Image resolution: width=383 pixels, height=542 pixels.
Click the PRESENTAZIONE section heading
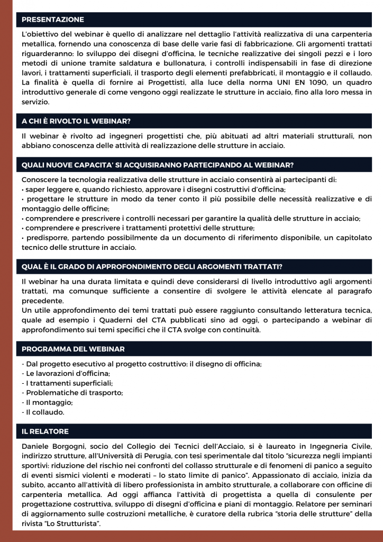pos(53,20)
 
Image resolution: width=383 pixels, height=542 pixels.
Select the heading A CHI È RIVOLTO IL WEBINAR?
pos(76,121)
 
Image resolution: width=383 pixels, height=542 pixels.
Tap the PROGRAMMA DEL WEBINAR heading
pos(73,349)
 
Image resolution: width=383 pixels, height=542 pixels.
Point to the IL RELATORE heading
pos(45,431)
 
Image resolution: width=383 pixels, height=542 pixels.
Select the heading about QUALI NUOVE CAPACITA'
pos(158,165)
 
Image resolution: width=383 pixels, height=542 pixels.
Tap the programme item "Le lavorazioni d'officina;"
pos(66,373)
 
